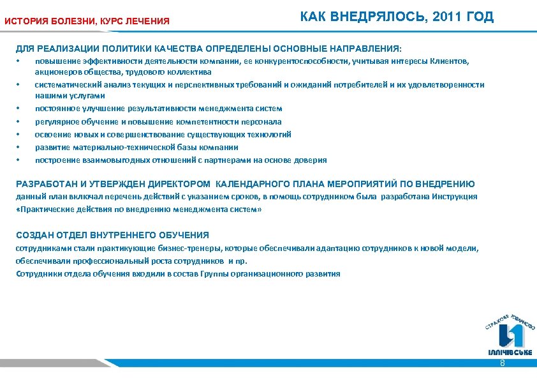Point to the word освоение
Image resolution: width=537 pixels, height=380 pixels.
(52, 134)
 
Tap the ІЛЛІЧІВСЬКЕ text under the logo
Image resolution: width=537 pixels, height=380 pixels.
(510, 353)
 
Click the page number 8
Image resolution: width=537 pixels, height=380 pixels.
(503, 363)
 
